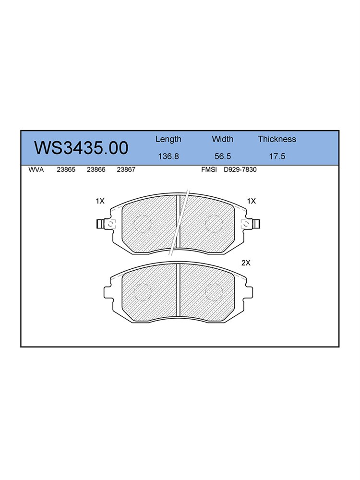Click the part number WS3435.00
[81, 148]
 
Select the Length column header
[168, 140]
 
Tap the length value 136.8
[168, 156]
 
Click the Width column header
[223, 139]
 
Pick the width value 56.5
[223, 156]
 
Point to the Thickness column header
[277, 139]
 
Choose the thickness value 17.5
[277, 156]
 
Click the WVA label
[36, 169]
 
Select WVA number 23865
[66, 169]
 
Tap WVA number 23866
[96, 169]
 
